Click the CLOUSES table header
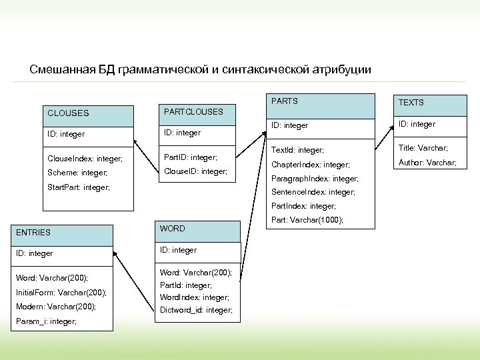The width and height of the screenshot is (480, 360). (x=68, y=113)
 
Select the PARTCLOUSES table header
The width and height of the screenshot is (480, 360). (x=193, y=111)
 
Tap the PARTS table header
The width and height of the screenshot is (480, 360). (x=284, y=101)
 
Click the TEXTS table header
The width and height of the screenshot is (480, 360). (x=411, y=102)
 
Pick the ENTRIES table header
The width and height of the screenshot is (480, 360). (x=33, y=232)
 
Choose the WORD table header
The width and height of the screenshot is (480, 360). (x=173, y=229)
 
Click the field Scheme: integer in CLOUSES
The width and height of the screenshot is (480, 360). (x=77, y=173)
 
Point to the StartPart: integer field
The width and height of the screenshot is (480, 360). (x=79, y=187)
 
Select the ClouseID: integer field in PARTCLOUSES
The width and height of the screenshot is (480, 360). (x=195, y=171)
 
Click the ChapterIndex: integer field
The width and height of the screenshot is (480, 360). (x=310, y=165)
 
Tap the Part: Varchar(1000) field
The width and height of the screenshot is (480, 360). (x=307, y=220)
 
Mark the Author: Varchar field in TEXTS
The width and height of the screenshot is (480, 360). (x=427, y=162)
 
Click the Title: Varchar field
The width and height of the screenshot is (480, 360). (x=423, y=148)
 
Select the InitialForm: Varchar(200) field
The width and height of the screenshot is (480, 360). (x=61, y=292)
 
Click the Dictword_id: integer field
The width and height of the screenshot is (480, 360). (x=196, y=310)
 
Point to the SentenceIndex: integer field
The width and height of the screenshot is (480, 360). (x=313, y=192)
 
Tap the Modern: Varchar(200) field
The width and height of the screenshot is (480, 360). (x=56, y=307)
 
